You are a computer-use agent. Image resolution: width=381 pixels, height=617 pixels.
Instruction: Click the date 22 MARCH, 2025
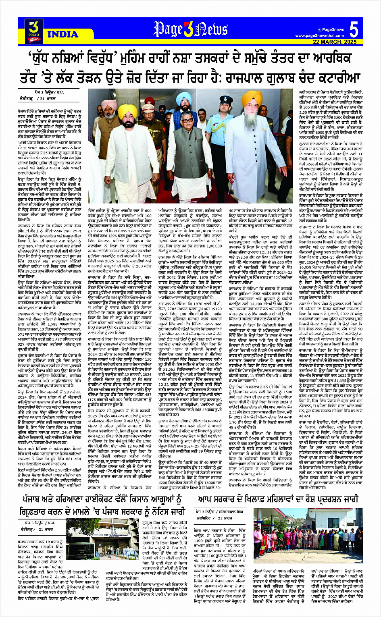pyautogui.click(x=335, y=42)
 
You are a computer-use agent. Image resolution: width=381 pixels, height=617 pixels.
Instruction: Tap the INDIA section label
pyautogui.click(x=63, y=34)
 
